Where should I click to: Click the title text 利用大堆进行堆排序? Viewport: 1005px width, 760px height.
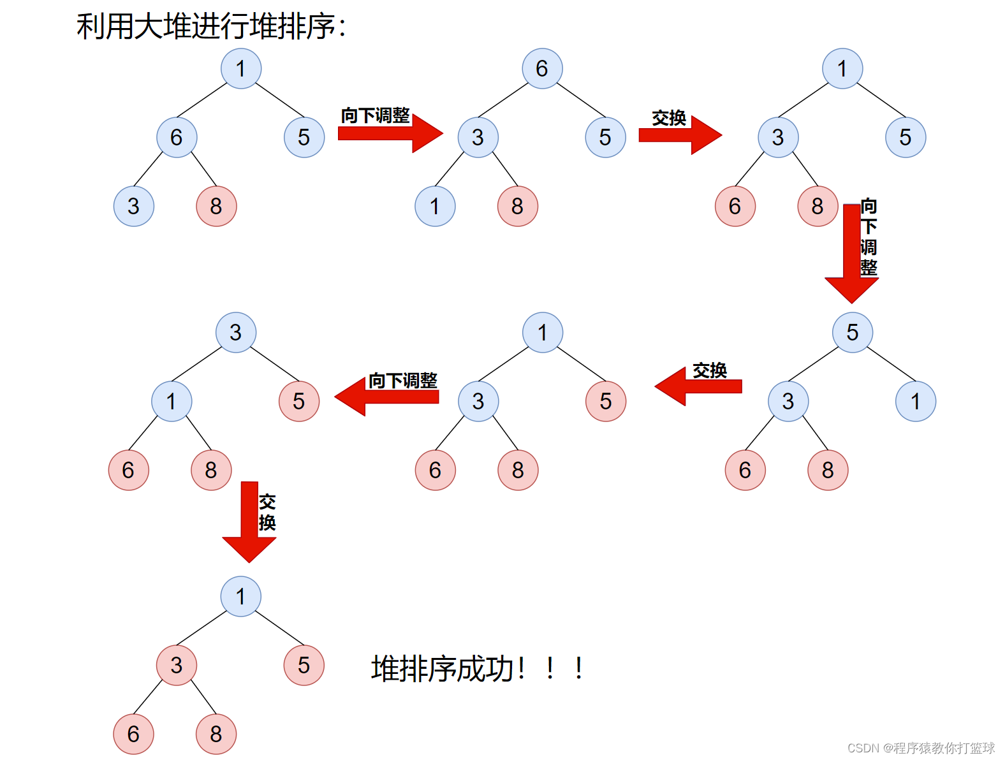[x=210, y=27]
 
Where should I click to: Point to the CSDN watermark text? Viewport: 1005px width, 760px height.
[x=921, y=747]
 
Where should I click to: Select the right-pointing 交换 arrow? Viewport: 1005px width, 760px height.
[x=679, y=135]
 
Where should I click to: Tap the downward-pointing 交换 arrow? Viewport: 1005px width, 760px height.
[x=249, y=522]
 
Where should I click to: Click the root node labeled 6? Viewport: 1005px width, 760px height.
[x=542, y=68]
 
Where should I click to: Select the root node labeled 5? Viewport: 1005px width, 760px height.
[x=853, y=332]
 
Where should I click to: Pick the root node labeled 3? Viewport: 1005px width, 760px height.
[x=236, y=332]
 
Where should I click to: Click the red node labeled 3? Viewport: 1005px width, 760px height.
[x=177, y=665]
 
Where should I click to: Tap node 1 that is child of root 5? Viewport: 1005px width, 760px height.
[x=916, y=401]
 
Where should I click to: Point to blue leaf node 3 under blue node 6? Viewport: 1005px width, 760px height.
[x=133, y=206]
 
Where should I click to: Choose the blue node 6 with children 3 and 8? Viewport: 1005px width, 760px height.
[x=177, y=137]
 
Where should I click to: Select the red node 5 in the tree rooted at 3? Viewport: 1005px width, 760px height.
[x=299, y=401]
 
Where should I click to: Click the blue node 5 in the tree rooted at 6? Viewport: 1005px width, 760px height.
[x=605, y=137]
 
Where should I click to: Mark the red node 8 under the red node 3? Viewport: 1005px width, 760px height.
[x=216, y=734]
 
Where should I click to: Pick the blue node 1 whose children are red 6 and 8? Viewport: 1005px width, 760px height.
[x=172, y=401]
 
